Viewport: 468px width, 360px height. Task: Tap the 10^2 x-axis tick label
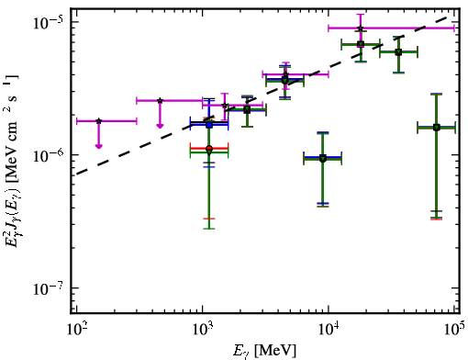(x=76, y=329)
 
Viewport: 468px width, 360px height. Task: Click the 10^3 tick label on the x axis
(x=202, y=329)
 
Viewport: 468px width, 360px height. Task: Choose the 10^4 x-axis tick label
(x=329, y=329)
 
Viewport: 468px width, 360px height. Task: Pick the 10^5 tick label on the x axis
(x=454, y=329)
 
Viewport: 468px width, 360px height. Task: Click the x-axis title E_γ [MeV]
(x=264, y=351)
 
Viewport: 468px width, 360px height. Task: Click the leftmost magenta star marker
(x=98, y=121)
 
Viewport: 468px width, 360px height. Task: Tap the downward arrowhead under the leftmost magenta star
(x=98, y=146)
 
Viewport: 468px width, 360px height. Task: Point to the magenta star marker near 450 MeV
(x=160, y=100)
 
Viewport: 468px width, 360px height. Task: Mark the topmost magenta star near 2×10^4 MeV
(x=361, y=28)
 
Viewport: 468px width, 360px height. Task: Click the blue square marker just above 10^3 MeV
(x=209, y=125)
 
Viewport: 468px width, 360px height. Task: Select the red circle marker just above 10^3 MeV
(x=209, y=149)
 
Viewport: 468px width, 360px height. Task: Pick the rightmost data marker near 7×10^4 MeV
(x=437, y=128)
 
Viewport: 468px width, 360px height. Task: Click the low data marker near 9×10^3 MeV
(x=323, y=159)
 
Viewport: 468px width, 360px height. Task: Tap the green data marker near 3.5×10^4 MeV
(x=398, y=52)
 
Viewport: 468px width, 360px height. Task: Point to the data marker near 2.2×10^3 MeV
(x=247, y=110)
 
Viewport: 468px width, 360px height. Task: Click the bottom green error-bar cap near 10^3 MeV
(x=209, y=229)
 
